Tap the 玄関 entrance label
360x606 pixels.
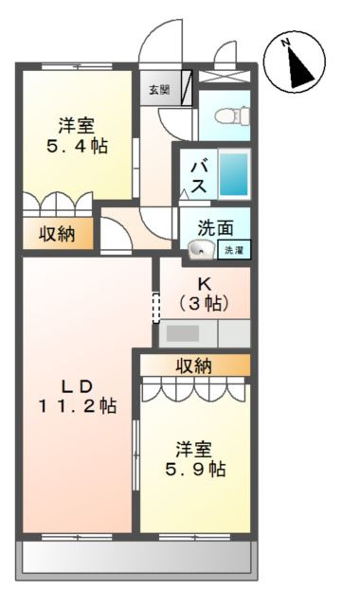[x=158, y=90]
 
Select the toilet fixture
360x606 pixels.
[x=228, y=116]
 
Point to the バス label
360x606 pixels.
[x=199, y=175]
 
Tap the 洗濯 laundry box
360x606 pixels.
[x=233, y=250]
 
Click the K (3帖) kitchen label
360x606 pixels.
[x=205, y=294]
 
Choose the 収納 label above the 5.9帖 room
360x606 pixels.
[x=194, y=365]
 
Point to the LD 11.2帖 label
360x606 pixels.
[x=78, y=395]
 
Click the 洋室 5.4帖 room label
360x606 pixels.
[x=75, y=135]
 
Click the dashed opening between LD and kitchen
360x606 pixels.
[x=156, y=307]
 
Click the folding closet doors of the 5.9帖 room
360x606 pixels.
[x=194, y=390]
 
